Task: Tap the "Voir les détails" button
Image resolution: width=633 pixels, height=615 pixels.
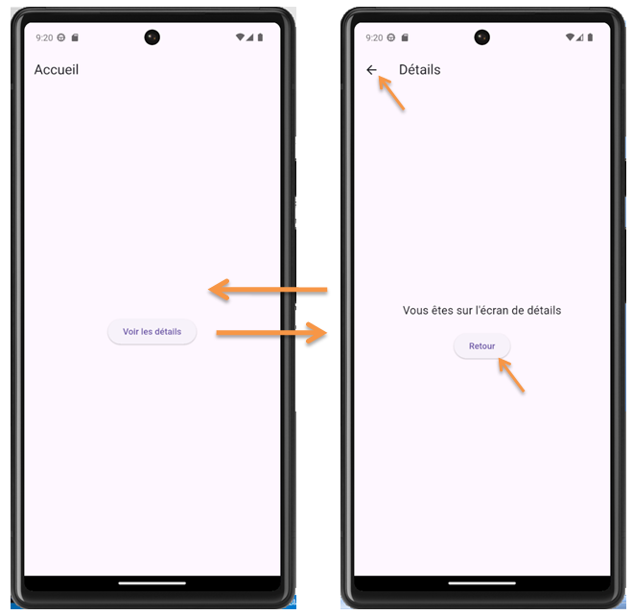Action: (x=152, y=332)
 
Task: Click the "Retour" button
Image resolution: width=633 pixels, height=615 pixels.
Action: (x=481, y=346)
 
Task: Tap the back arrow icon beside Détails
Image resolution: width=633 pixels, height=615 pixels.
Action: (x=372, y=70)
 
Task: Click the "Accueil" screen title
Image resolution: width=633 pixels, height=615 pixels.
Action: (x=57, y=70)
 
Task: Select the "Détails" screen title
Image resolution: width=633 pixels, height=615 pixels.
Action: (x=419, y=70)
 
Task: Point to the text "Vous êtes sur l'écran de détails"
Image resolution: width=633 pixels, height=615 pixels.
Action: (x=481, y=310)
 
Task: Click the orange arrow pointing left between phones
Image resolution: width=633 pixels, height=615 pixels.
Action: (x=269, y=289)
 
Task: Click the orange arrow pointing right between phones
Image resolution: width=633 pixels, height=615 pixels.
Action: (x=272, y=333)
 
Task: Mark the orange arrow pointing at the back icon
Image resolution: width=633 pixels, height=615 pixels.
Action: (x=391, y=93)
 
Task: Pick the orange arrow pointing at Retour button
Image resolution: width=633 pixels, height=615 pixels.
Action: (x=511, y=375)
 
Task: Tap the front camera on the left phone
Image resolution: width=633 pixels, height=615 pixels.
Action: (x=152, y=37)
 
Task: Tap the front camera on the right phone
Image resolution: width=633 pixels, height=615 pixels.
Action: (x=481, y=37)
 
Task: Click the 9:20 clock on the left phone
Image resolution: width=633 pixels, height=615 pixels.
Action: (x=44, y=37)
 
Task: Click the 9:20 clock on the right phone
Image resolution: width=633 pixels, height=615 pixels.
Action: (x=374, y=37)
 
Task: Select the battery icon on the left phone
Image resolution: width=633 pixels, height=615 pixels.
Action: (x=260, y=37)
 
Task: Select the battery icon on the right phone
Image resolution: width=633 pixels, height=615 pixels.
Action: (x=590, y=37)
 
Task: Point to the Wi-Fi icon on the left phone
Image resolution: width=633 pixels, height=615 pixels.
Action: (x=239, y=37)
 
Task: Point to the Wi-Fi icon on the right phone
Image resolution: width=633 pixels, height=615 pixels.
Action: (x=569, y=37)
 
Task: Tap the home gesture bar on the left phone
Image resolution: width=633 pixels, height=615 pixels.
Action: (x=152, y=582)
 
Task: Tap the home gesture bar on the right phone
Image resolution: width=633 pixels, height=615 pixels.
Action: (x=481, y=582)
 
